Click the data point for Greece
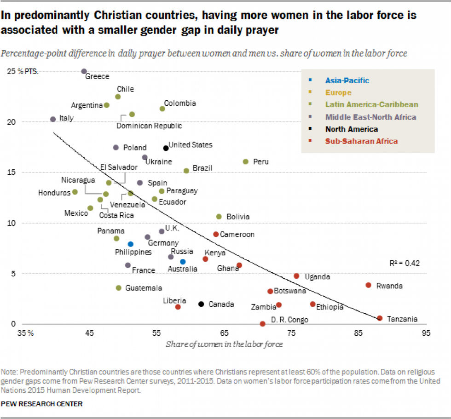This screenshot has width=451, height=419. tap(84, 71)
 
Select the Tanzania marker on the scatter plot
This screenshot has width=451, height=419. tap(380, 318)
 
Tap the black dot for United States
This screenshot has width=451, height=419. tap(166, 148)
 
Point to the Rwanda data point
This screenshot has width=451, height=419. tap(368, 285)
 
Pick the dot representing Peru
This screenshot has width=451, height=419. tap(245, 161)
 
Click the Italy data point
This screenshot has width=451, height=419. tap(53, 119)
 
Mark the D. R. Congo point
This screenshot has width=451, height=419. tap(262, 324)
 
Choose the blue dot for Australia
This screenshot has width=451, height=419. tap(183, 262)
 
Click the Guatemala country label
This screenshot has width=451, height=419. tap(144, 288)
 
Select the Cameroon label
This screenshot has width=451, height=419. tap(237, 234)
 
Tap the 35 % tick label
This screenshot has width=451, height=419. tap(25, 333)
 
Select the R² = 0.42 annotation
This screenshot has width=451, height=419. tap(404, 264)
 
